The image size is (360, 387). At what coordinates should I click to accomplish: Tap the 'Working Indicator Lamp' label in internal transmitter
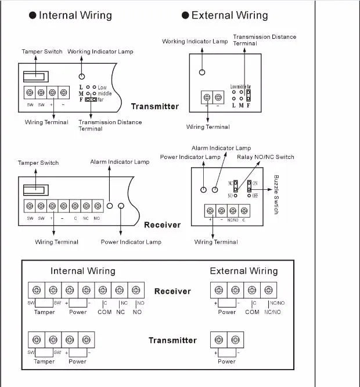point(100,52)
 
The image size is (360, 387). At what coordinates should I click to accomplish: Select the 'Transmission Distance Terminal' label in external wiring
point(264,40)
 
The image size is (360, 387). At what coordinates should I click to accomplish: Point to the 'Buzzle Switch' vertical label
point(276,194)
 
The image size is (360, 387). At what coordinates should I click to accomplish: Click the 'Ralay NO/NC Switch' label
point(265,157)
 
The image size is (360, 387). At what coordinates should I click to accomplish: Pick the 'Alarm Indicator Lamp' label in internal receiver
point(120,162)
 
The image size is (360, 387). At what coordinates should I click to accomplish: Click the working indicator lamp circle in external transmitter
point(202,73)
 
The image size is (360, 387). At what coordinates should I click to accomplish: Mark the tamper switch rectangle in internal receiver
point(35,189)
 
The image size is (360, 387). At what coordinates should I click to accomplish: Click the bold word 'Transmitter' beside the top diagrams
point(154,107)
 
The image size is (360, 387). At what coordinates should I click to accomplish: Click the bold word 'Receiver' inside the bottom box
point(172,291)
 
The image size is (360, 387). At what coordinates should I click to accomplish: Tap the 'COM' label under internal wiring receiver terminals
point(105,312)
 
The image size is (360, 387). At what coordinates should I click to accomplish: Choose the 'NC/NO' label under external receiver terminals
point(272,312)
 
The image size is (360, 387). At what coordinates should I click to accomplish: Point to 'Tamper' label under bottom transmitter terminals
point(44,361)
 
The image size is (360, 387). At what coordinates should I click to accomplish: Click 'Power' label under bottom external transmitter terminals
point(226,361)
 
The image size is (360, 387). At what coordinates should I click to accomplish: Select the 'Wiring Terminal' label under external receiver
point(216,242)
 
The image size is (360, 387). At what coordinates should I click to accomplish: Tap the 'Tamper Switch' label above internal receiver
point(38,163)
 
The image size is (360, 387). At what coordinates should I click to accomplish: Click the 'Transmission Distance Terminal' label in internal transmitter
point(110,125)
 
